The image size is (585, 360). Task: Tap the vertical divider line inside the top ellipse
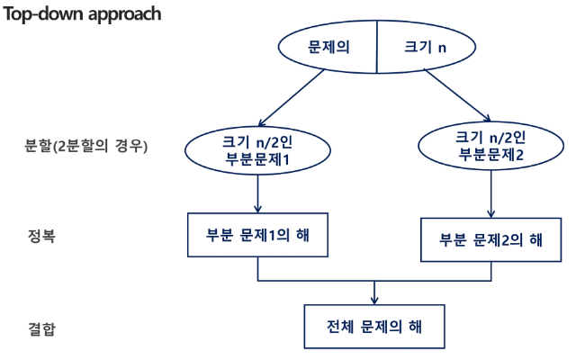click(x=376, y=46)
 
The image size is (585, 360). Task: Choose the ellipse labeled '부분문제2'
click(x=490, y=145)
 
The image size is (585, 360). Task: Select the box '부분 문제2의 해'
click(x=490, y=239)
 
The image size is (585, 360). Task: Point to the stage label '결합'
click(x=42, y=328)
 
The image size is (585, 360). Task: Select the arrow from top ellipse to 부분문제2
click(x=458, y=94)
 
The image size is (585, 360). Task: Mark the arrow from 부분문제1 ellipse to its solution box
click(x=258, y=193)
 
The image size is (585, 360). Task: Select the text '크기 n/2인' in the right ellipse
click(x=490, y=137)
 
